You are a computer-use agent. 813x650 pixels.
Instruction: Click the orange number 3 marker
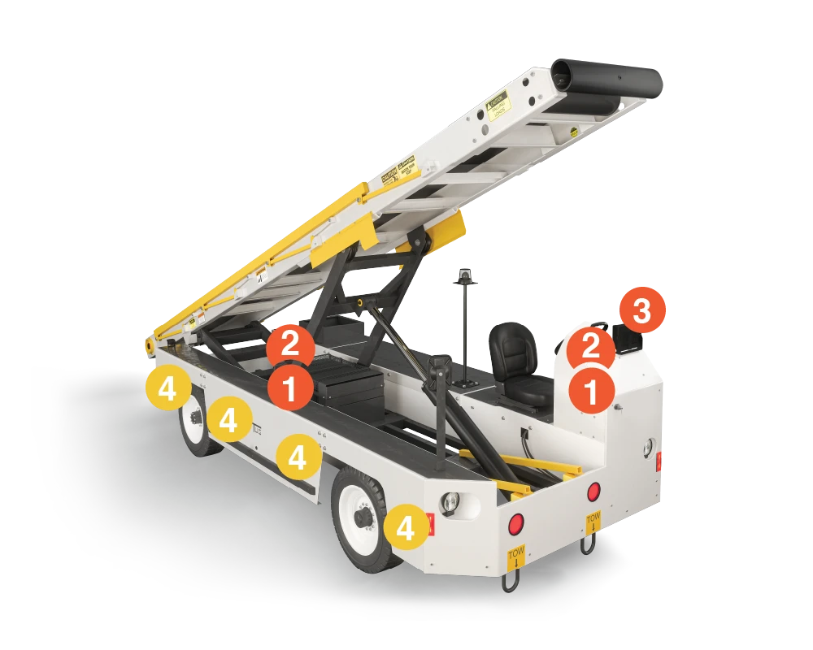[x=642, y=311]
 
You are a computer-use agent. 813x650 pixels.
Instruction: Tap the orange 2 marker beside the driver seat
[x=591, y=347]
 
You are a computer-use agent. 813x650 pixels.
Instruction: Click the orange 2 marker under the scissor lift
[x=290, y=345]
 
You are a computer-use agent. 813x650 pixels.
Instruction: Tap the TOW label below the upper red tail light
[x=593, y=521]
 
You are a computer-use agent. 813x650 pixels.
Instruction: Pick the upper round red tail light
[x=594, y=492]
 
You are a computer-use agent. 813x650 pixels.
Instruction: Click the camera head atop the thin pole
[x=466, y=275]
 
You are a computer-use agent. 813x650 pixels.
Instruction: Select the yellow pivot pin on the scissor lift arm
[x=359, y=302]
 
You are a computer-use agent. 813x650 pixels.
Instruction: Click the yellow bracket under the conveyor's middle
[x=439, y=231]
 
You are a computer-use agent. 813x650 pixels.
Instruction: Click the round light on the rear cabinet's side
[x=648, y=445]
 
